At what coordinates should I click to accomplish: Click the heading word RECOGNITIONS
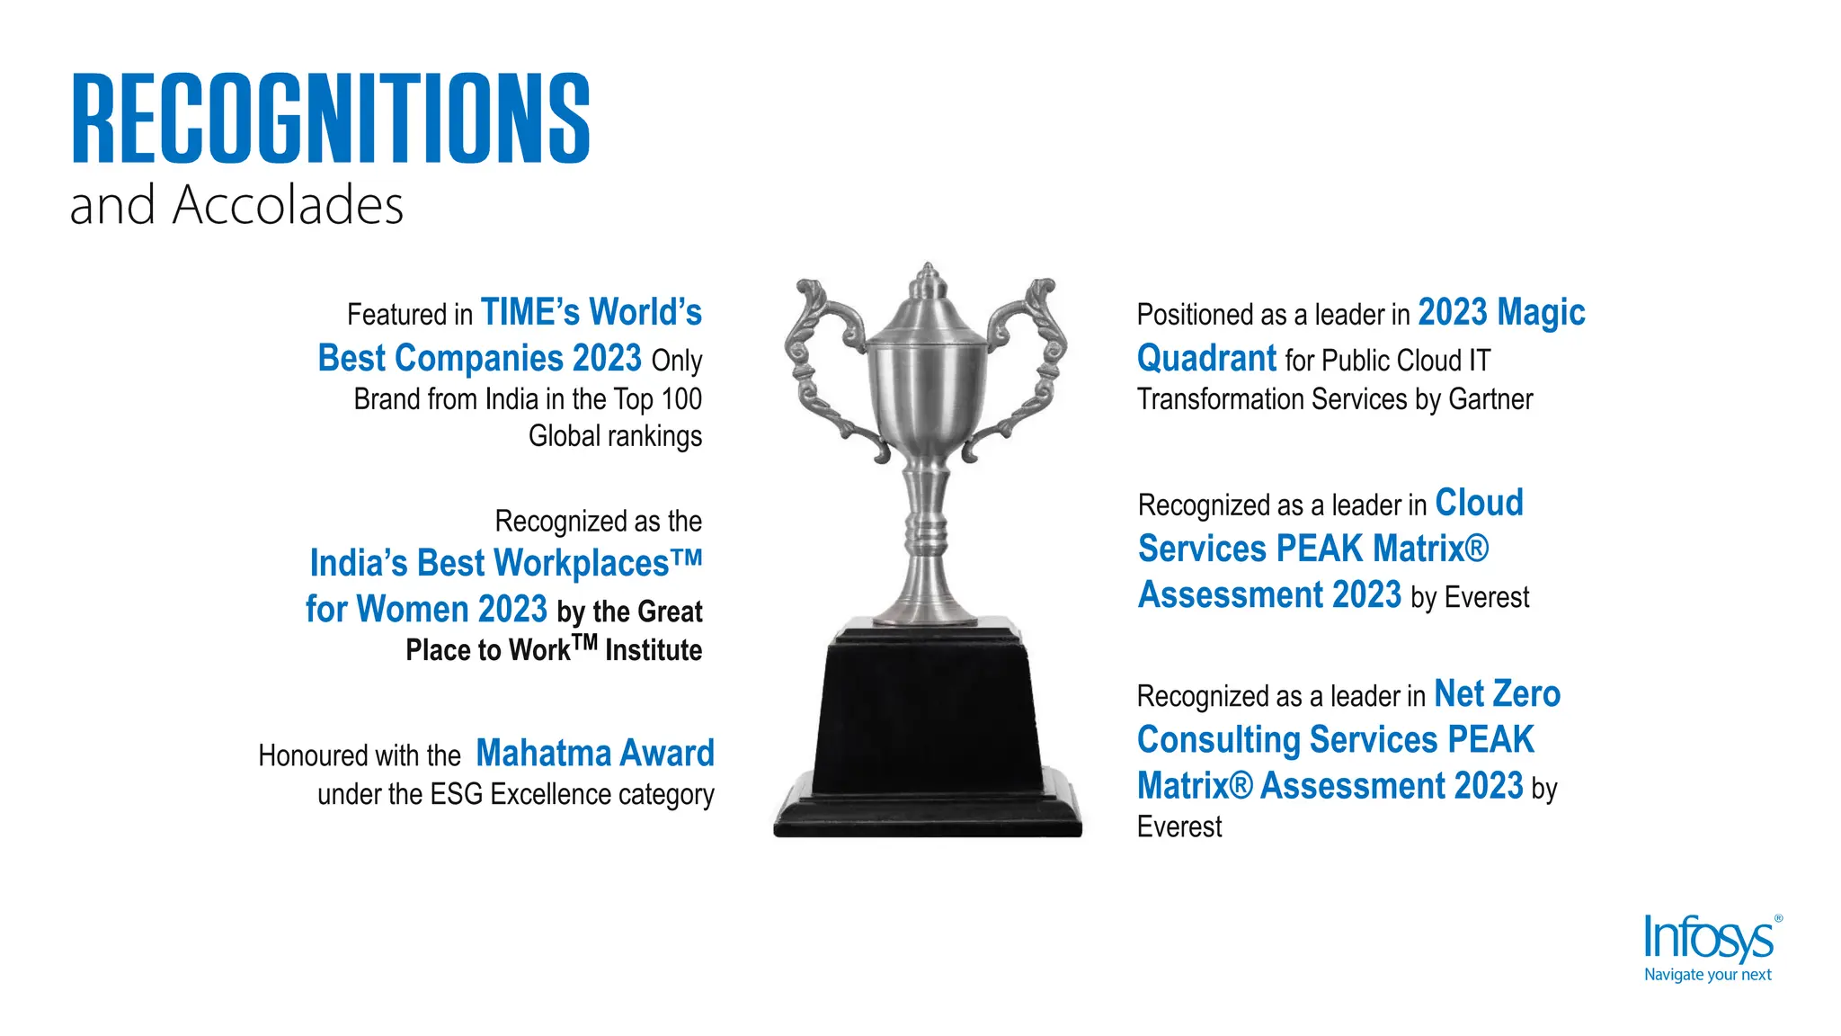[x=330, y=119]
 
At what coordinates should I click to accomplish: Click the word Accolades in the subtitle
[x=288, y=206]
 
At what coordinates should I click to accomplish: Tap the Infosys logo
[x=1709, y=940]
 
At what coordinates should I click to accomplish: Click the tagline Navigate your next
[x=1707, y=975]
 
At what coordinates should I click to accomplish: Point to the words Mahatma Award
[x=595, y=754]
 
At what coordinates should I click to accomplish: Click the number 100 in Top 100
[x=681, y=399]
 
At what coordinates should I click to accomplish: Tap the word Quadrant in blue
[x=1206, y=359]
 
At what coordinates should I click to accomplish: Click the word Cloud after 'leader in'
[x=1479, y=504]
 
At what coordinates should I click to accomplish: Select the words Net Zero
[x=1497, y=694]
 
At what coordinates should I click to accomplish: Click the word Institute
[x=654, y=650]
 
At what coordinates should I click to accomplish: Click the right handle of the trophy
[x=1032, y=360]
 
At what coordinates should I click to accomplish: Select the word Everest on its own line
[x=1179, y=827]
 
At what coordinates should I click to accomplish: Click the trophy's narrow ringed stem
[x=927, y=531]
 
